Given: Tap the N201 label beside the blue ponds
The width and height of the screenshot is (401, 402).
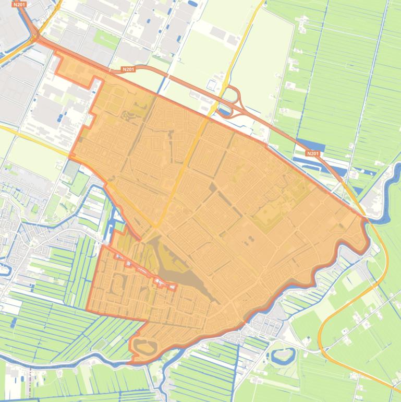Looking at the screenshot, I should (x=312, y=153).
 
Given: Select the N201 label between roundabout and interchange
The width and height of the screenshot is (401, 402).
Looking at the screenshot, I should (x=128, y=69).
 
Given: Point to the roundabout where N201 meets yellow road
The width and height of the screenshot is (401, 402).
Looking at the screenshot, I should (x=34, y=37).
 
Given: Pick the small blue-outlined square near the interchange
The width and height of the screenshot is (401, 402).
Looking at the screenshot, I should (x=211, y=85).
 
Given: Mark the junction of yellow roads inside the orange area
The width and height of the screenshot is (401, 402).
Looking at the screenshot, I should (x=156, y=227).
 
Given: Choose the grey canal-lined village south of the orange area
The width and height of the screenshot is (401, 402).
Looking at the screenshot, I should (x=266, y=326).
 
